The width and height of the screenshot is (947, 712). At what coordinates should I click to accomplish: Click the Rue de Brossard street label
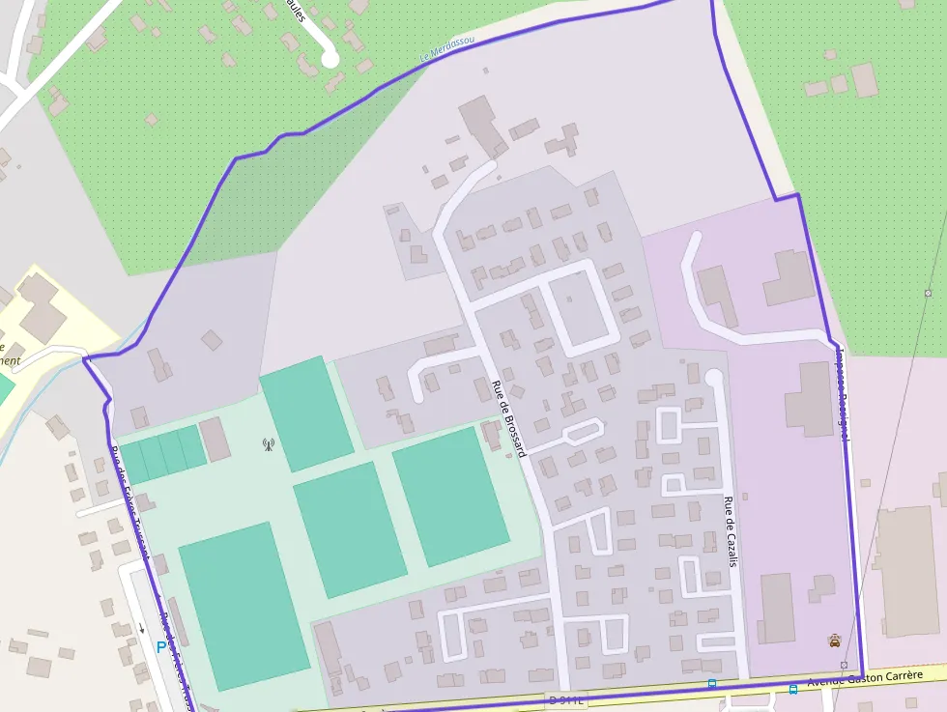508,417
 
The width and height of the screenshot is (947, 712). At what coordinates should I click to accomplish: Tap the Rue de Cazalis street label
731,530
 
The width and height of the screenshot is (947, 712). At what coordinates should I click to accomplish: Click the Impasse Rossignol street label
842,396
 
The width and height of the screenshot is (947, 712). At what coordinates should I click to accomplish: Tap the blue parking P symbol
160,647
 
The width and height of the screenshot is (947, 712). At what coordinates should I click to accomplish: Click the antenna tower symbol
269,445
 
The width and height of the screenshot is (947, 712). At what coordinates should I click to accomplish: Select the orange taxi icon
834,640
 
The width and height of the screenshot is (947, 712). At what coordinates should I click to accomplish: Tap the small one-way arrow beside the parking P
141,627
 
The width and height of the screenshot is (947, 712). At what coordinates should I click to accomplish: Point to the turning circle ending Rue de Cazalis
714,377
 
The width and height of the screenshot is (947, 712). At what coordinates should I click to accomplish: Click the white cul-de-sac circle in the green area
330,58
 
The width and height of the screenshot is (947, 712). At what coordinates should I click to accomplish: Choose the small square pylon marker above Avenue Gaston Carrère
844,666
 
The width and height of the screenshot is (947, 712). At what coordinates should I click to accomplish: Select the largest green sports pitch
243,606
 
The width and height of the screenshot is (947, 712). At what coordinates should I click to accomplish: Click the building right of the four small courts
215,440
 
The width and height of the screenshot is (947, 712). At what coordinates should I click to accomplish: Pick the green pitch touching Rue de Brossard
450,496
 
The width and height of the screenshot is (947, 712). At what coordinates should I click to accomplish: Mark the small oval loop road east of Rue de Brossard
583,431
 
